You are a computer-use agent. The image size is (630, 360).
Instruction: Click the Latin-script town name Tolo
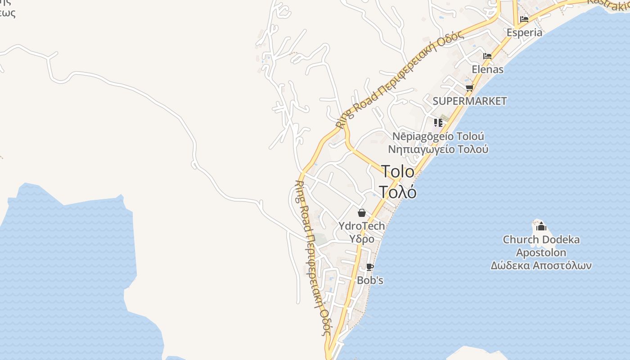pos(398,171)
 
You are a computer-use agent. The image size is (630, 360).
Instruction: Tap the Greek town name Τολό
pos(398,192)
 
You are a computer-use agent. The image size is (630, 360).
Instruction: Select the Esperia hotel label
pos(524,32)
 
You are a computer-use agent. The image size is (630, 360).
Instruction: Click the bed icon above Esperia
pos(524,19)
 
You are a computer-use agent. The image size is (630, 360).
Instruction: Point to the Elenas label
pos(487,69)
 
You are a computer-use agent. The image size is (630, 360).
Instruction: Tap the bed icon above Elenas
pos(487,56)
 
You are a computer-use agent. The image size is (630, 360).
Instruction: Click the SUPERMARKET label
pos(469,101)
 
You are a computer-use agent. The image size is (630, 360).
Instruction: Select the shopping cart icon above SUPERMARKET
pos(470,88)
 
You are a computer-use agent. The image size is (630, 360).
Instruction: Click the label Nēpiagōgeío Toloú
pos(438,136)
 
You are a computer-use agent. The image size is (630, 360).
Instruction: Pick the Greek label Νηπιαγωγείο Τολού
pos(438,149)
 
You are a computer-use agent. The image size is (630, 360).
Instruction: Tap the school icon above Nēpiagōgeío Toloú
pos(438,122)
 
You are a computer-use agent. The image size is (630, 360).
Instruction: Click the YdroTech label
pos(361,226)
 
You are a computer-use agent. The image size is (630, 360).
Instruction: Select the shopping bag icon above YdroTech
pos(361,213)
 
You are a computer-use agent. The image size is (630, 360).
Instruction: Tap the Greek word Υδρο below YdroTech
pos(361,238)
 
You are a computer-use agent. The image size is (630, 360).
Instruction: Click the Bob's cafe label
pos(370,280)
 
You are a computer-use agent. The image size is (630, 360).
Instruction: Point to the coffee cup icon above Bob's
pos(370,267)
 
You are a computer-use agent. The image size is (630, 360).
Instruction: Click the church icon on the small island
pos(541,226)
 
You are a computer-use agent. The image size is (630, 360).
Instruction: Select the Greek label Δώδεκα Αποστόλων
pos(541,265)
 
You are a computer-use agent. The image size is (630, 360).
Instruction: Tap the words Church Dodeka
pos(541,239)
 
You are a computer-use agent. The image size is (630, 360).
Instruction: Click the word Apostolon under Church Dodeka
pos(541,252)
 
